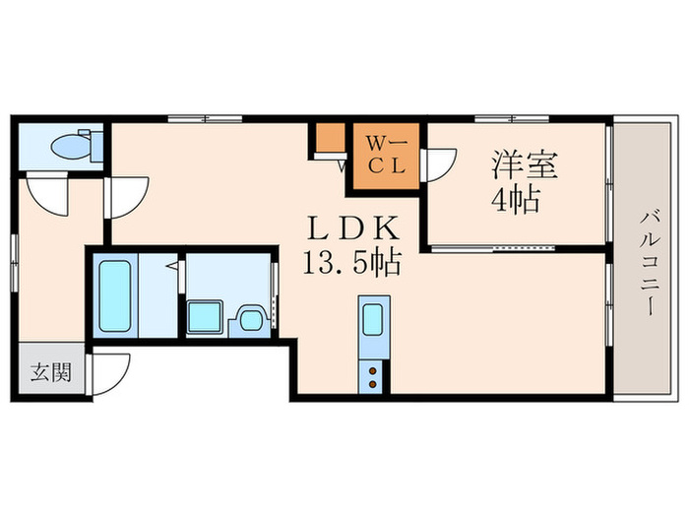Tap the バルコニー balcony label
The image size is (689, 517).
pyautogui.click(x=650, y=261)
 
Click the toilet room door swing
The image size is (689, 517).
pyautogui.click(x=46, y=192)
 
